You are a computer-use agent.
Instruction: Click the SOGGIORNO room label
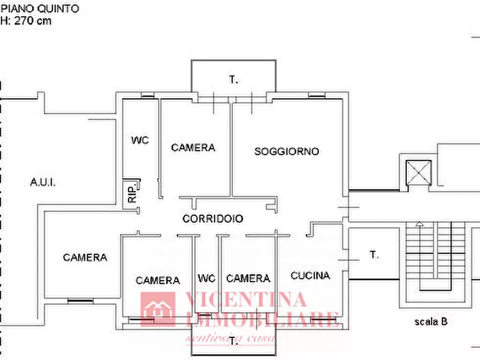click(286, 152)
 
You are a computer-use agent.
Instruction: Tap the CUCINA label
click(310, 276)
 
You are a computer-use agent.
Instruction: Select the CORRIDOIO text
click(212, 219)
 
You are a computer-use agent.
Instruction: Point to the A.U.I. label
click(43, 182)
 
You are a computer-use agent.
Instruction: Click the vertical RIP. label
click(132, 193)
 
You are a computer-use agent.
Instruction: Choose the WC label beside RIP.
click(140, 140)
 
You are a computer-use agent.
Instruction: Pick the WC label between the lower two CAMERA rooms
click(206, 278)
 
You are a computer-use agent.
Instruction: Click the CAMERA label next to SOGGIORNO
click(193, 147)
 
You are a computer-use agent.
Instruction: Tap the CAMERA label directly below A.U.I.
click(85, 257)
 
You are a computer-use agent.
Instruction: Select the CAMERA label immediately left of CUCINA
click(248, 278)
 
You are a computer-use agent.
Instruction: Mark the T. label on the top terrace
click(233, 80)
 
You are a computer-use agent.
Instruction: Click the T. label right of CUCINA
click(374, 255)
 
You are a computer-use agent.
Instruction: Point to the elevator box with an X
click(419, 173)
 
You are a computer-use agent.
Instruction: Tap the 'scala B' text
click(431, 322)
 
